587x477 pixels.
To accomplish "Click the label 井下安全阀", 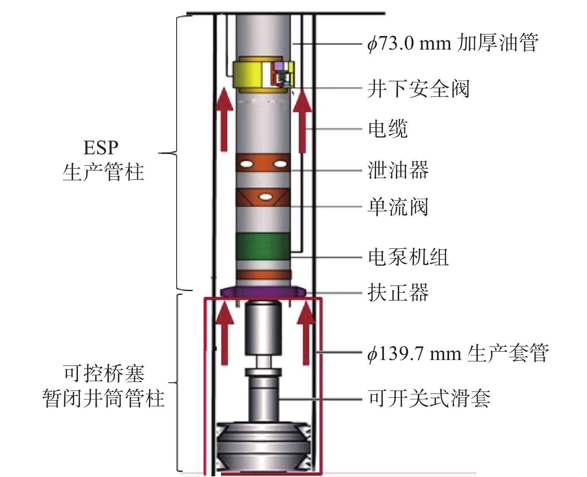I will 418,89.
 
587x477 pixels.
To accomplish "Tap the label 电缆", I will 388,129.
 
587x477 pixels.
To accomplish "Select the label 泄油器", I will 398,170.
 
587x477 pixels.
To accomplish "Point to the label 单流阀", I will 398,206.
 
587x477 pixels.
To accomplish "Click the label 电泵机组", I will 408,257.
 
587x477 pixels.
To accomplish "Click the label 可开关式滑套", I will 429,398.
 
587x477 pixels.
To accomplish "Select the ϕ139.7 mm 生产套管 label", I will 458,353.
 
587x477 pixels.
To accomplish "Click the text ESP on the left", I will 101,148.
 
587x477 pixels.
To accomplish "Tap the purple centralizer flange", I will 263,291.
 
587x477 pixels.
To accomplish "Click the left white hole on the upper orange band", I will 247,164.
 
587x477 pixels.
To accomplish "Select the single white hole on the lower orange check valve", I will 265,196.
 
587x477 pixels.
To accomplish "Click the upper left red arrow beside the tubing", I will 224,119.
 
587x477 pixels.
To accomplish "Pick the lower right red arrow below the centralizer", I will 306,334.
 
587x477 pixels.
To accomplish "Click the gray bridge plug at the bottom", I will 263,445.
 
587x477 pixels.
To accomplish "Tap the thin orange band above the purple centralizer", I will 263,275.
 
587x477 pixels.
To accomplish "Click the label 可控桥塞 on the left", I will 104,374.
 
